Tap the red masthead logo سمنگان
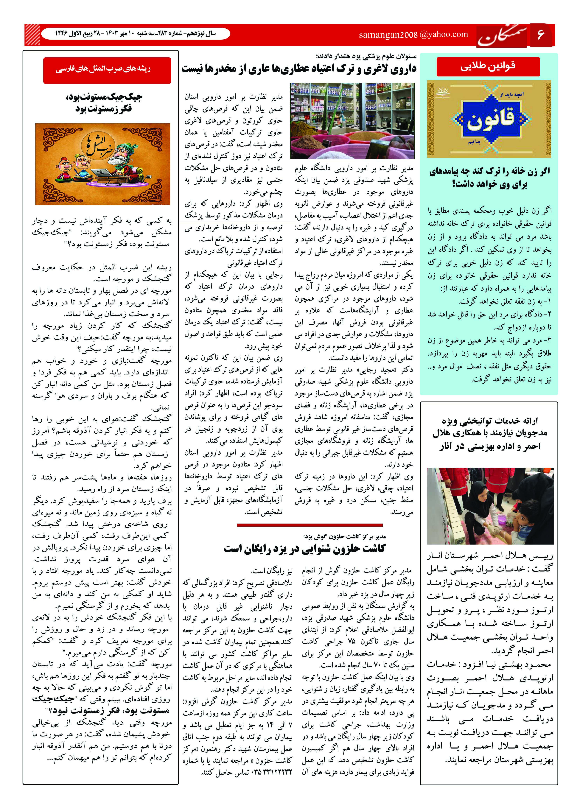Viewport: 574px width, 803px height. (501, 36)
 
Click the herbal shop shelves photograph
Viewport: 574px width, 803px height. (352, 121)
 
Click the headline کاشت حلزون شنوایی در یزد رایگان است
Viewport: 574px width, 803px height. (304, 549)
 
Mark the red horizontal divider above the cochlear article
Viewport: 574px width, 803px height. (310, 525)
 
